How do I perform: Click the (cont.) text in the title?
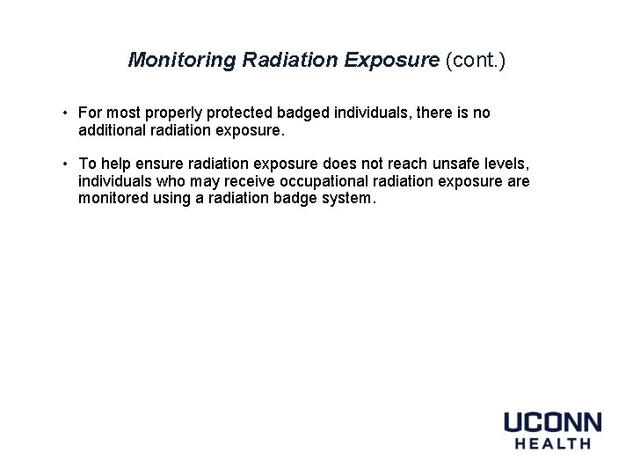pyautogui.click(x=476, y=60)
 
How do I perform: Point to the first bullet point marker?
pyautogui.click(x=66, y=113)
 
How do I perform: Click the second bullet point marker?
pyautogui.click(x=66, y=164)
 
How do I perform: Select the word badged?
pyautogui.click(x=306, y=113)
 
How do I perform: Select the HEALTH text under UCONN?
pyautogui.click(x=552, y=443)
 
